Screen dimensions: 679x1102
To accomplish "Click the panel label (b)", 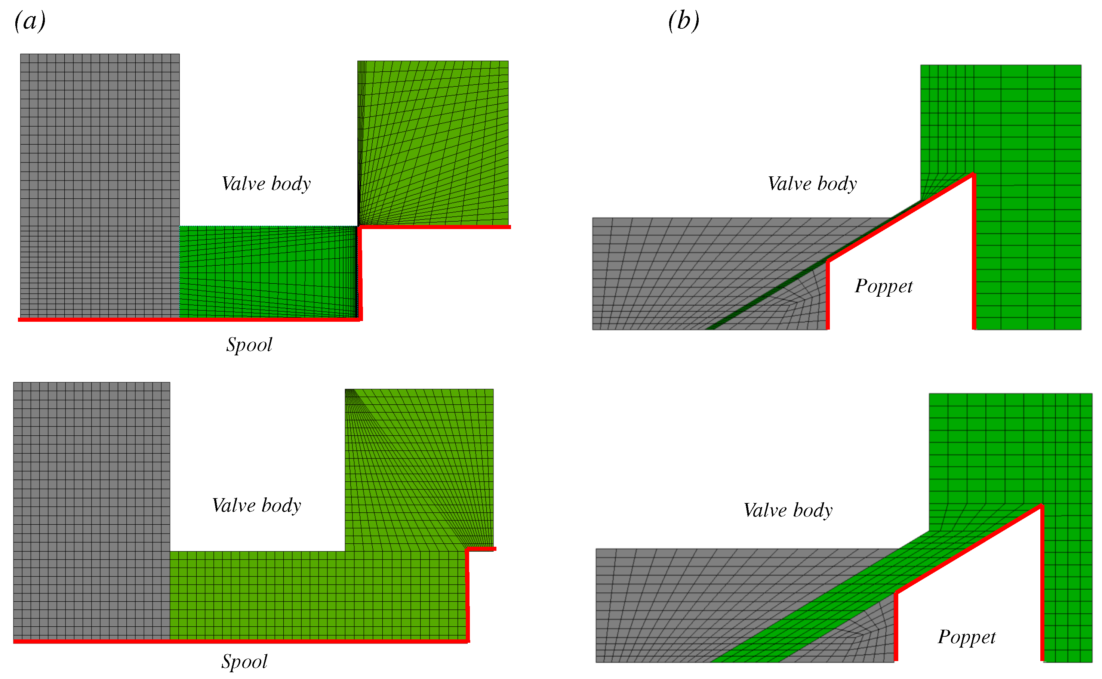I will (683, 21).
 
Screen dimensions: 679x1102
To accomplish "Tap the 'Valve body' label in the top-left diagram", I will (266, 184).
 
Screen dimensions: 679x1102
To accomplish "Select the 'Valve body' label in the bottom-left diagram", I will (256, 506).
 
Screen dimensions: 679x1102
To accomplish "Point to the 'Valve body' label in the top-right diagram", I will (812, 184).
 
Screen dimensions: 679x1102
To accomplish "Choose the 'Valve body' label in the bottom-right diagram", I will (788, 510).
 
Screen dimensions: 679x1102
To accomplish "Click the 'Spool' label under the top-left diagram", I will (249, 345).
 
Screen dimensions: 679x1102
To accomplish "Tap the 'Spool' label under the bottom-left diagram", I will (244, 661).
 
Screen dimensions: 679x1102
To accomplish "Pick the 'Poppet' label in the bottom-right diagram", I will (966, 637).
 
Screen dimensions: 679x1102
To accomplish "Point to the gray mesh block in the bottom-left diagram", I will (91, 507).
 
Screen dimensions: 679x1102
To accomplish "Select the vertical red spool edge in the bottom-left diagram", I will (468, 595).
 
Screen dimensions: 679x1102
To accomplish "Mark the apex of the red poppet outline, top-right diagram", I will (973, 174).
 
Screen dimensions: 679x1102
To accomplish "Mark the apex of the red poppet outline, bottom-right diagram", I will (1041, 506).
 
